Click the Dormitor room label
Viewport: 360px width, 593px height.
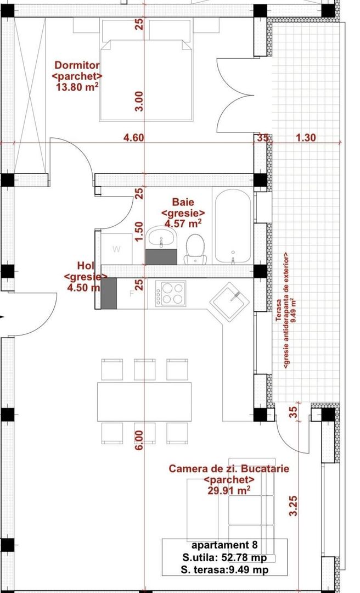tap(76, 65)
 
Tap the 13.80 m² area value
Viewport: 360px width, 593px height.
tap(77, 86)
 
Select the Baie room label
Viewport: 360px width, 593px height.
tap(183, 202)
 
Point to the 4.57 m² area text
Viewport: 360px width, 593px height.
tap(183, 223)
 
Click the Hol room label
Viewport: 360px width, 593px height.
tap(86, 266)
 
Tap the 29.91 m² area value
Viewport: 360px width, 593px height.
tap(229, 490)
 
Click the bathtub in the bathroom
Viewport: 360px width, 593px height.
tap(233, 226)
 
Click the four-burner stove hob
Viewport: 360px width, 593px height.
tap(171, 293)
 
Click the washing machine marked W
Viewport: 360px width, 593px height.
tap(116, 249)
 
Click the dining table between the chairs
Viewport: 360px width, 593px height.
tap(144, 401)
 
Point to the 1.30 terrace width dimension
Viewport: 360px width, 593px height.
tap(306, 138)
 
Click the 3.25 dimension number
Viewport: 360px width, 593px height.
tap(294, 506)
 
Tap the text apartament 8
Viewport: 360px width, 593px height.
tap(224, 546)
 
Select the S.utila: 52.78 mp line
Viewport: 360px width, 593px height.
tap(224, 558)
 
